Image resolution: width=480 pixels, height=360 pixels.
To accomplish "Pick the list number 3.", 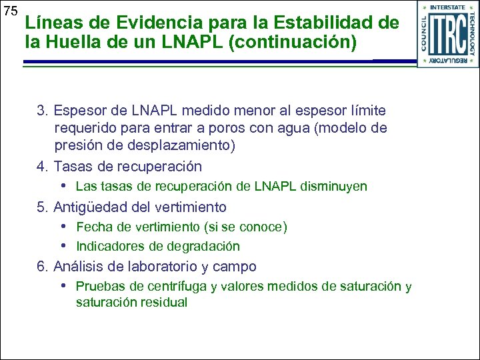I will [41, 110].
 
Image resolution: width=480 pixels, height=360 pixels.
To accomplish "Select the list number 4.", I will [41, 166].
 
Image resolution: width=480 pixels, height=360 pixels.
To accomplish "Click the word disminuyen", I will [335, 187].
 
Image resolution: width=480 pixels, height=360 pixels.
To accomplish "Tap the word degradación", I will [205, 247].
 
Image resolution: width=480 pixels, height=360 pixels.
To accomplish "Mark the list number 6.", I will [41, 267].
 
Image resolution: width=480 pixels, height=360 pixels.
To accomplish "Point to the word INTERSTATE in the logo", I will [447, 7].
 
